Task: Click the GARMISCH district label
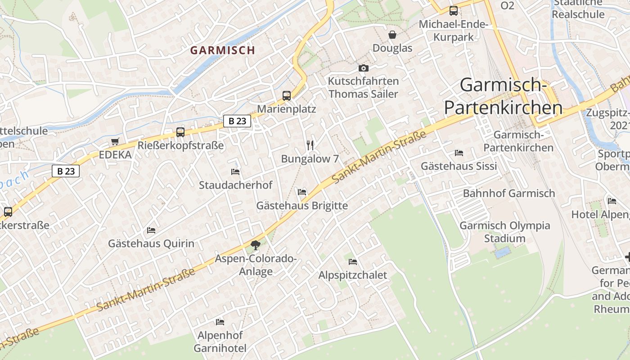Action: (222, 50)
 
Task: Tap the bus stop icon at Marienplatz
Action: (287, 95)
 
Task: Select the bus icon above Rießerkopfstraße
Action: (180, 132)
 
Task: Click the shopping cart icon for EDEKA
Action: (115, 142)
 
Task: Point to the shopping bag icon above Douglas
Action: (392, 35)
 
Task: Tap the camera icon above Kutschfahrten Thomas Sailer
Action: (363, 68)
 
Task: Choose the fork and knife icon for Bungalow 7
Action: (310, 145)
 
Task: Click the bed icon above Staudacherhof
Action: (235, 171)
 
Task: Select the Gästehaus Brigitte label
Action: (302, 206)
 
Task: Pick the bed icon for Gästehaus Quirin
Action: (151, 230)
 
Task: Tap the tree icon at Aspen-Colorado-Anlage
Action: (256, 245)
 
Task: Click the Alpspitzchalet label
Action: (352, 275)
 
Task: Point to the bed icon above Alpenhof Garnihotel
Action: (220, 322)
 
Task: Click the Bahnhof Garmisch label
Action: (509, 193)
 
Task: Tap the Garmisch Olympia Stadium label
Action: (504, 232)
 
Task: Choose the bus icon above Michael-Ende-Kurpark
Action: (454, 11)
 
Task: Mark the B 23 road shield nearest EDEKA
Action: (66, 171)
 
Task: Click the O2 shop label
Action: (507, 5)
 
